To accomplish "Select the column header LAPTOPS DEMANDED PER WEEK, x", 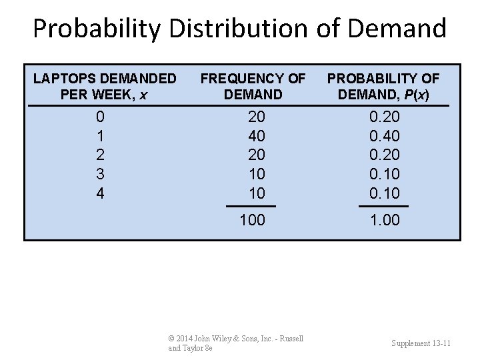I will (x=105, y=87).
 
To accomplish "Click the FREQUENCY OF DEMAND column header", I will (x=253, y=87).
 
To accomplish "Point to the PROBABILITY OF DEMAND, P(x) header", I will (x=383, y=87).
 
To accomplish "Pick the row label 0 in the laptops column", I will (x=100, y=117).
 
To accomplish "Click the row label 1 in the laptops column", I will (x=100, y=136).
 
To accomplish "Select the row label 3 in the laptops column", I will (x=100, y=174).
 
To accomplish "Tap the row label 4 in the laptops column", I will (x=100, y=193).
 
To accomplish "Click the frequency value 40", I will (x=256, y=136).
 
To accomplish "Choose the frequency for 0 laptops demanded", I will (x=256, y=117).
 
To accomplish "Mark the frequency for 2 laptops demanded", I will (x=256, y=155).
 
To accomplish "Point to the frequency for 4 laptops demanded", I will (x=256, y=193).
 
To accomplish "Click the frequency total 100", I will (x=252, y=220).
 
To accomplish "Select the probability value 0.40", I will (x=384, y=136).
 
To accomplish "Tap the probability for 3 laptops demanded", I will (x=384, y=174).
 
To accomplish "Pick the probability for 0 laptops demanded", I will (x=384, y=117).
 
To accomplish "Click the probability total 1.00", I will (x=384, y=220).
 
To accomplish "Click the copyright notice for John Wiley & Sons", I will (x=235, y=343).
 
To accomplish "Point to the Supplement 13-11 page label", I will (x=421, y=343).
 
